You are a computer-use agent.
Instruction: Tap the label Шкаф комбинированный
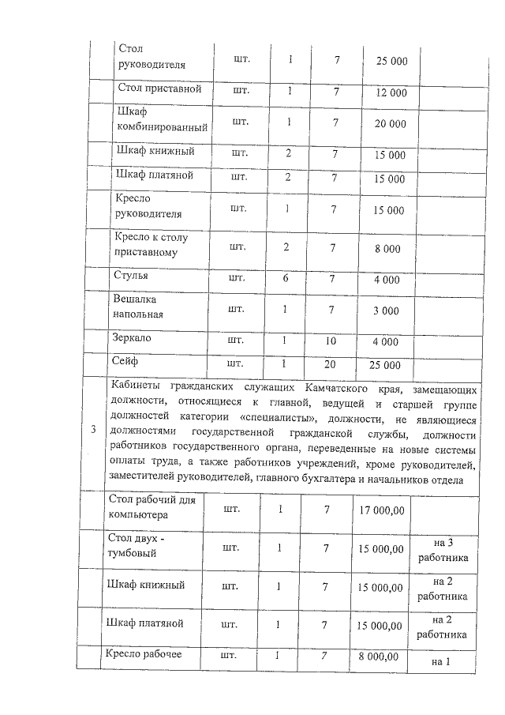tap(161, 119)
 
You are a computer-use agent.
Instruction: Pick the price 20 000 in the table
tap(390, 124)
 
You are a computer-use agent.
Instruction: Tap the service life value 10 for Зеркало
tap(335, 341)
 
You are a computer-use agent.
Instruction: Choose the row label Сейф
tap(127, 361)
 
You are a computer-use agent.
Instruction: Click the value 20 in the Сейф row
tap(335, 365)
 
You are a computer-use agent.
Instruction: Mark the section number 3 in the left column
tap(94, 430)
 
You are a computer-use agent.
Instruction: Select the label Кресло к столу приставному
tap(151, 245)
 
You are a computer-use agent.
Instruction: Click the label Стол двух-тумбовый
tap(137, 545)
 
